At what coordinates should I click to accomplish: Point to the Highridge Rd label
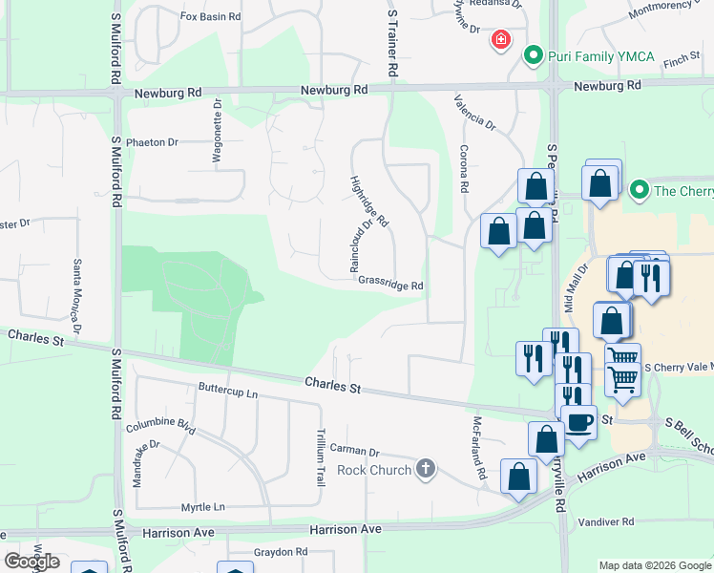pos(369,201)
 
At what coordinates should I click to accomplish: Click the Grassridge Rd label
pos(390,285)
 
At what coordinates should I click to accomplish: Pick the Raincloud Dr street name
pos(360,247)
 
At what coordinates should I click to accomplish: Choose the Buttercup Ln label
pos(228,392)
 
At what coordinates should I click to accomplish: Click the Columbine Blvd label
pos(159,426)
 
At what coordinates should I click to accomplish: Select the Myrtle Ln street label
pos(203,507)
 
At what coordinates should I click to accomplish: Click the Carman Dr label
pos(355,451)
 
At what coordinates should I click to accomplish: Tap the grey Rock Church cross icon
pos(426,469)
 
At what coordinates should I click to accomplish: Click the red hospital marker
pos(499,40)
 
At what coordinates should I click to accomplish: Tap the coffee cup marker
pos(579,421)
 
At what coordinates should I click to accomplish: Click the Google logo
pos(31,562)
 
